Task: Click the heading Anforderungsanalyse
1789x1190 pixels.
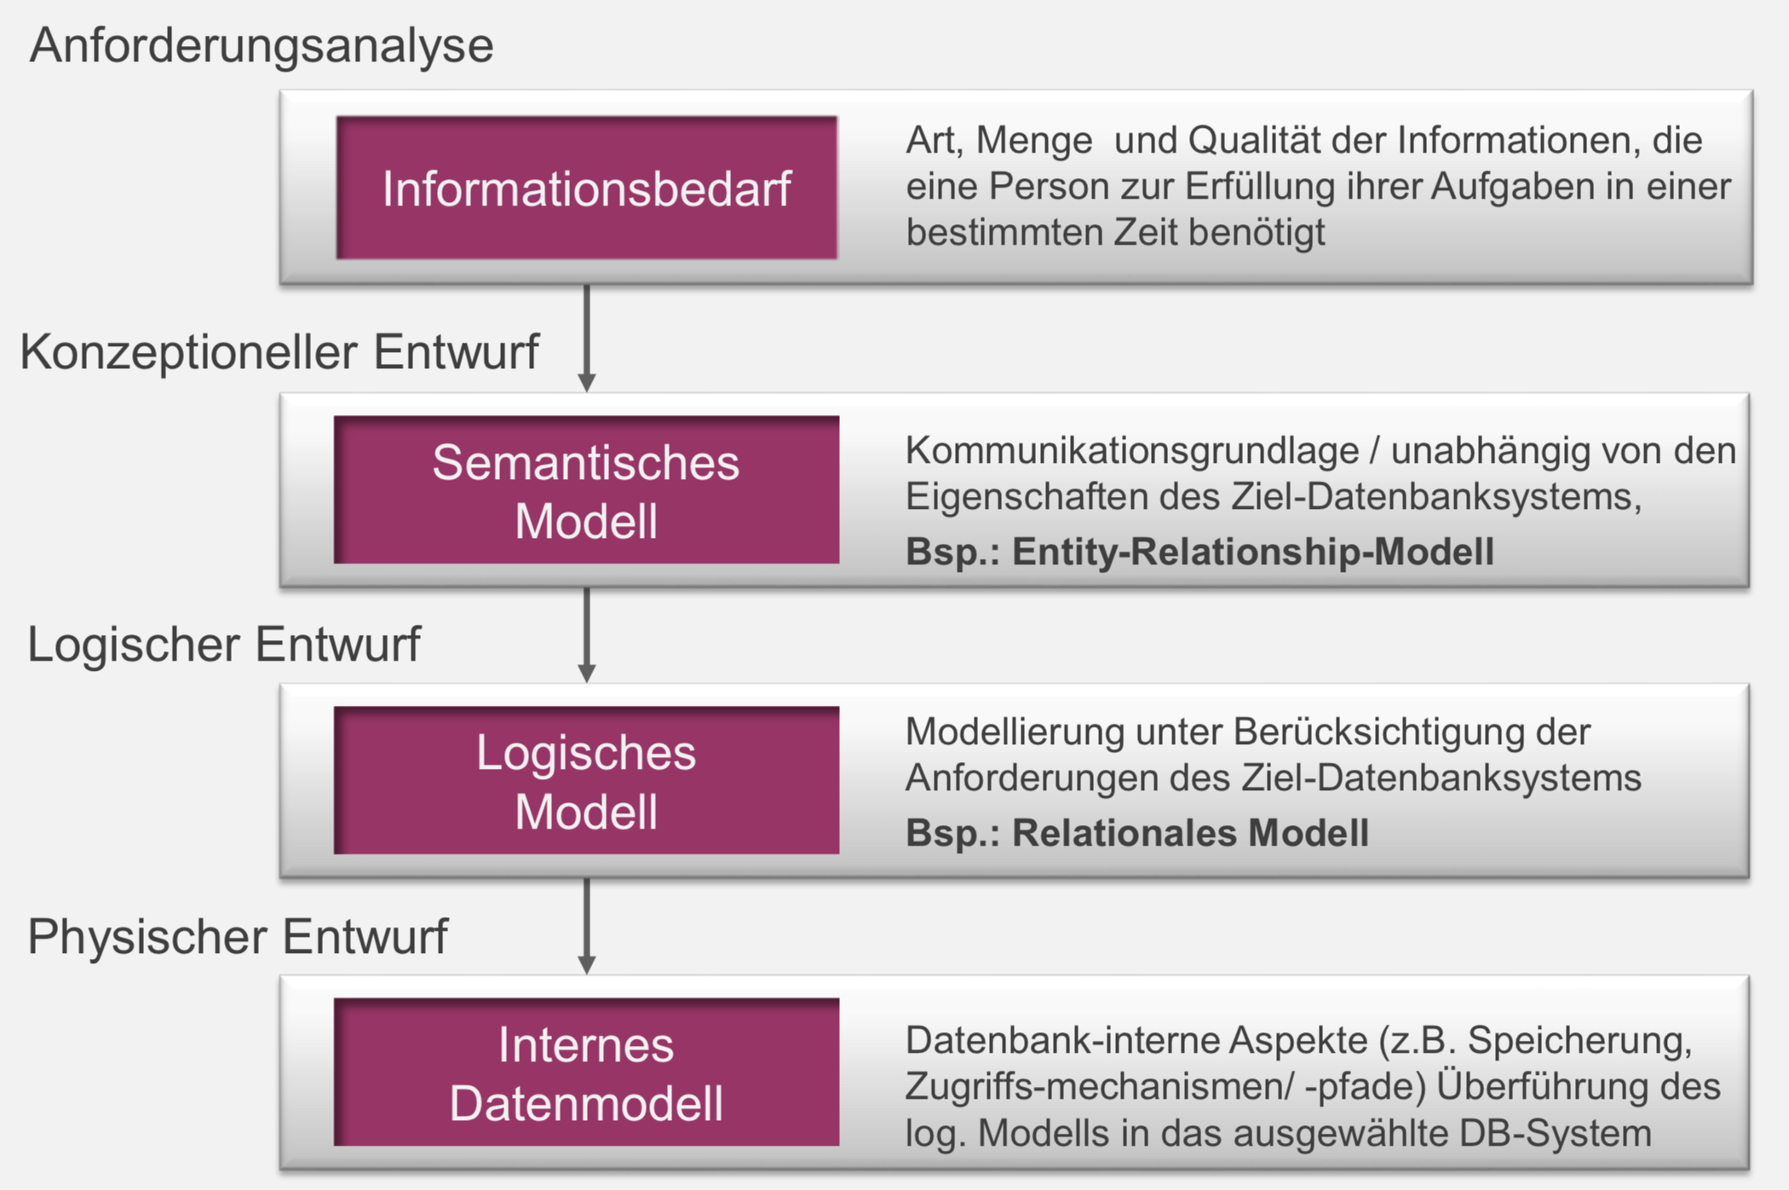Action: [x=262, y=45]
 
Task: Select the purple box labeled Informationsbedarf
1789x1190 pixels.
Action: [x=586, y=188]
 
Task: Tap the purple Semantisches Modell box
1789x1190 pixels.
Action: [x=586, y=490]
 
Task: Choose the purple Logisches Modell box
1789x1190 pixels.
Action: [x=586, y=781]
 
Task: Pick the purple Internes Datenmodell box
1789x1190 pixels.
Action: [x=586, y=1072]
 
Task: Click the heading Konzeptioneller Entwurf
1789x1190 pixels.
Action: [x=279, y=351]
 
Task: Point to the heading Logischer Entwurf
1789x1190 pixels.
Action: [x=224, y=644]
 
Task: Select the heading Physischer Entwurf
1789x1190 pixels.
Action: [x=238, y=936]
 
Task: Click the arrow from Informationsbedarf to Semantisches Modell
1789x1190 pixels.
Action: [x=586, y=337]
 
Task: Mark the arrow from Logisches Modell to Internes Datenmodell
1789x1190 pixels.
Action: [x=586, y=925]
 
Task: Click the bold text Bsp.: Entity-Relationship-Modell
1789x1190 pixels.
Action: [x=1199, y=552]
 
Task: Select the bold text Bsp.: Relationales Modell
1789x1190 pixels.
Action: [x=1137, y=833]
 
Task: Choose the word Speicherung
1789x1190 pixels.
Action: [x=1579, y=1041]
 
